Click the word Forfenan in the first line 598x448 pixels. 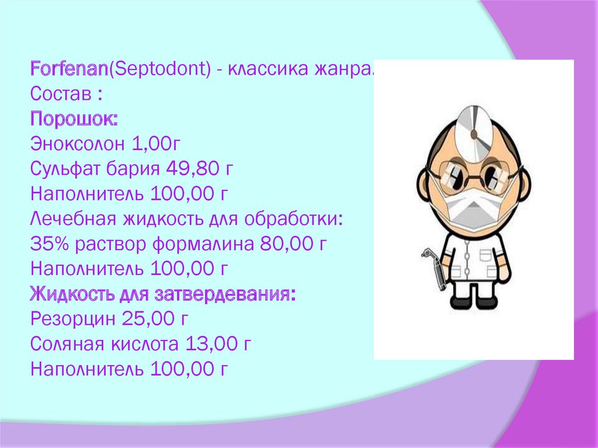69,69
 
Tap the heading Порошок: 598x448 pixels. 74,119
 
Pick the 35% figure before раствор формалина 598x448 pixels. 49,244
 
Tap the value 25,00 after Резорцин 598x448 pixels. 147,319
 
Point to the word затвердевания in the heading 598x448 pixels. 239,294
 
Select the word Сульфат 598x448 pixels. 65,169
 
